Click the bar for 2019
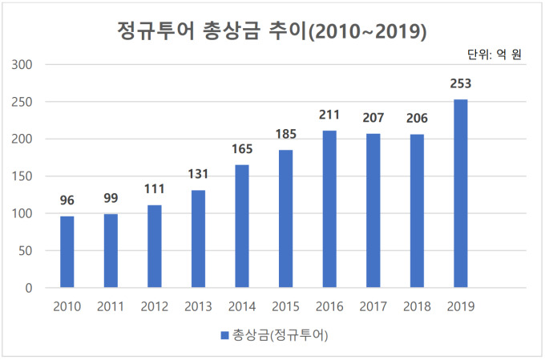pos(460,193)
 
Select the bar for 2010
pos(67,252)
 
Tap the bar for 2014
pos(242,226)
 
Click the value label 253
pos(461,83)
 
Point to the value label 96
pos(67,200)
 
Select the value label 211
pos(329,115)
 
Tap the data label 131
pos(198,174)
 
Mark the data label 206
pos(417,119)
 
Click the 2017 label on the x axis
pos(373,306)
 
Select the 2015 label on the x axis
pos(285,306)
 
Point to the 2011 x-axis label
pos(111,306)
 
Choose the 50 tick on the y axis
pos(25,251)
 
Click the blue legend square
pos(224,335)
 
